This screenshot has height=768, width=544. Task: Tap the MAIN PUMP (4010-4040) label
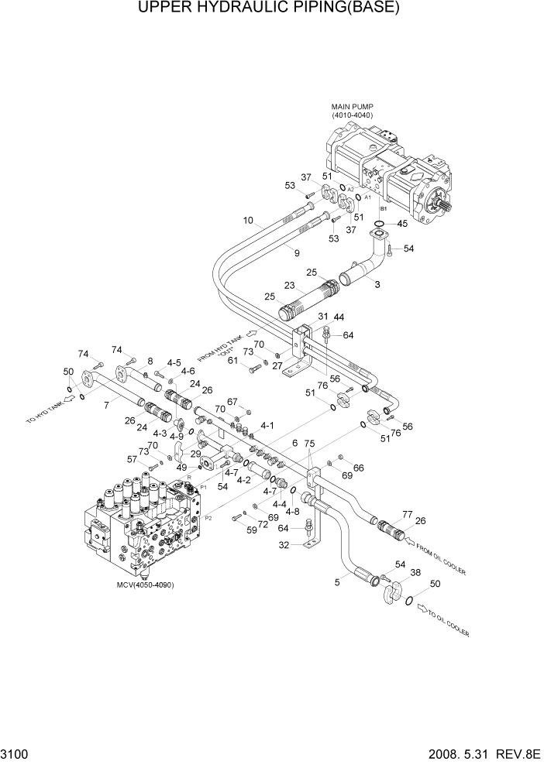(353, 111)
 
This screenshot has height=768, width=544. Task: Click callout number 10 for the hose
(248, 221)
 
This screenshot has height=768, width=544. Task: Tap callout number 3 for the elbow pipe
(377, 285)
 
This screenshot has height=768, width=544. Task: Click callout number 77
(407, 513)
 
